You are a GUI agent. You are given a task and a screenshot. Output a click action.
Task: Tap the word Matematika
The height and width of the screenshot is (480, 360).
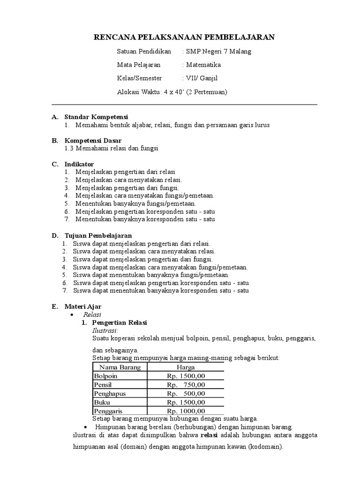(x=203, y=65)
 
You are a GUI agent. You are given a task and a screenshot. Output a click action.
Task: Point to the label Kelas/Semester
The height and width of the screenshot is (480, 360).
(x=140, y=79)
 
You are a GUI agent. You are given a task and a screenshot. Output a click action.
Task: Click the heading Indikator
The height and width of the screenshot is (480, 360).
(x=79, y=164)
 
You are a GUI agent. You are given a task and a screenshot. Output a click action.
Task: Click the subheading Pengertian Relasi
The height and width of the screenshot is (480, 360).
(x=120, y=323)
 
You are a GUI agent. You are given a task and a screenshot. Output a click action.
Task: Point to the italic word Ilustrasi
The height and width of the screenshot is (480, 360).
(x=105, y=330)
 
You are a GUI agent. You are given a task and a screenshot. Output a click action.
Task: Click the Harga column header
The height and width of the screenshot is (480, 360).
(x=186, y=367)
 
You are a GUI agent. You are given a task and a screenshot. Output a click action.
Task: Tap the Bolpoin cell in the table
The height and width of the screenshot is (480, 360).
(x=105, y=376)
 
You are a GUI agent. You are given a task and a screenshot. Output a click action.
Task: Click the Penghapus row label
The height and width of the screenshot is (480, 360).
(x=110, y=393)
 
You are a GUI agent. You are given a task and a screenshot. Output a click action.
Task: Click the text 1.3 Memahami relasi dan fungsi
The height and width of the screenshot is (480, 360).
(x=112, y=148)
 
